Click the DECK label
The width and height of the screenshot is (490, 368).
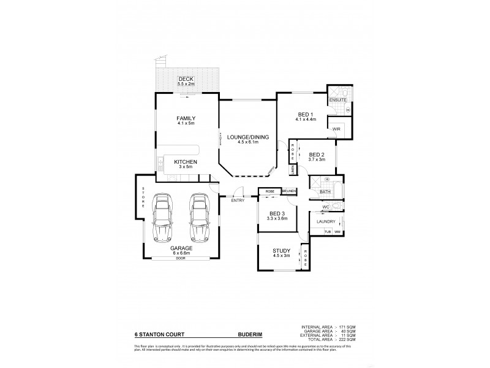[x=186, y=79]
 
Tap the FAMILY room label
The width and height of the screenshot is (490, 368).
[x=186, y=118]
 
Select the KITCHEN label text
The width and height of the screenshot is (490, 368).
[x=186, y=161]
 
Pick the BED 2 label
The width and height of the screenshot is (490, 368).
[x=317, y=155]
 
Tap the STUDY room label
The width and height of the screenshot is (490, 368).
[x=282, y=250]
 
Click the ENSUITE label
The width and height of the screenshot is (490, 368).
[x=338, y=99]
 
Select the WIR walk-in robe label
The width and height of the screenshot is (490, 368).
[x=336, y=129]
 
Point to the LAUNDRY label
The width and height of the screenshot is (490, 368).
[x=326, y=221]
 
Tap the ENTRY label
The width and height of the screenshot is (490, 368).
[x=238, y=201]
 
